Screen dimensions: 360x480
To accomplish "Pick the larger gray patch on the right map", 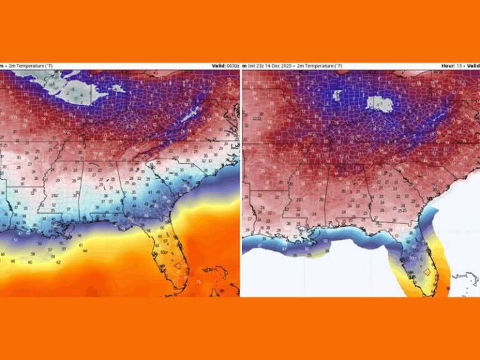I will coord(379,102).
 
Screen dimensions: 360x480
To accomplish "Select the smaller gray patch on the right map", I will coord(338,95).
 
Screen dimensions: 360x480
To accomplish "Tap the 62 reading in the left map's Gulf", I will coord(58,262).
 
